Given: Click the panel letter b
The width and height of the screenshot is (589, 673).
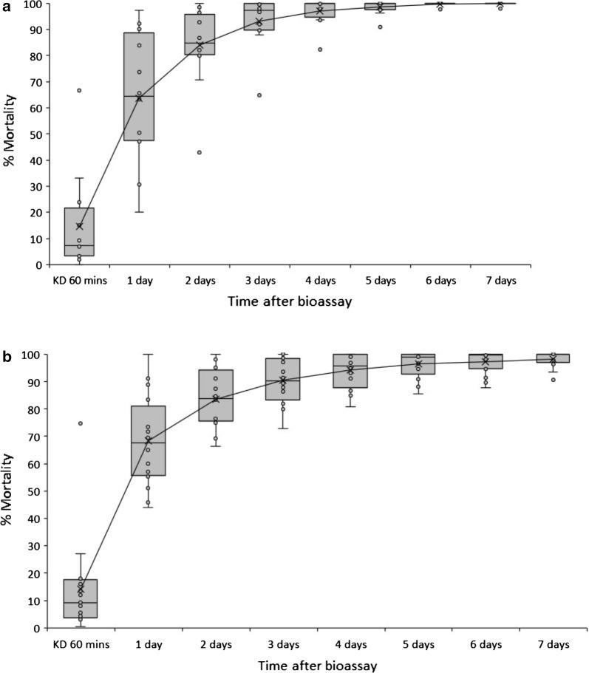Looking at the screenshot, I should click(7, 357).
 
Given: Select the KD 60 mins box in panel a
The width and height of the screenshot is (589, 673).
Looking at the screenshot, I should click(80, 232).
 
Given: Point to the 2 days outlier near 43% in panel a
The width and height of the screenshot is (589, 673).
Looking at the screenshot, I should click(200, 152).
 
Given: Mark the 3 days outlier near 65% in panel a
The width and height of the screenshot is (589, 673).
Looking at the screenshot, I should click(259, 95).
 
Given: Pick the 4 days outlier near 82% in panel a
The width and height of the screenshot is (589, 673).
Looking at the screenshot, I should click(319, 49).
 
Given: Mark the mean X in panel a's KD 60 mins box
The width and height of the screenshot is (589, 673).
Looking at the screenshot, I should click(80, 226).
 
